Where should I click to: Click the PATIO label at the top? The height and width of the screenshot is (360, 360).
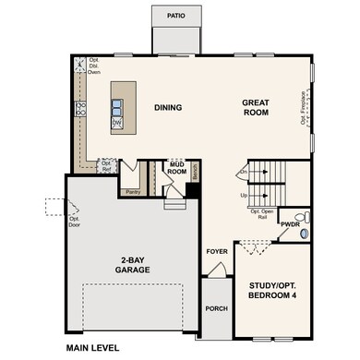tap(175, 16)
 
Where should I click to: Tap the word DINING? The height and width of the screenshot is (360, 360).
tap(167, 108)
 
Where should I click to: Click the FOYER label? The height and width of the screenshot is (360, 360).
tap(216, 250)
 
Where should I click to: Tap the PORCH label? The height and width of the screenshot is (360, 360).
tap(216, 308)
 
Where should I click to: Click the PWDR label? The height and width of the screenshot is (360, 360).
tap(291, 224)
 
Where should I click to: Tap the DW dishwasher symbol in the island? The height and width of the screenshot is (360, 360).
tap(118, 122)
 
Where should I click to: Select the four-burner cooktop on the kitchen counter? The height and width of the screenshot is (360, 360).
tap(80, 109)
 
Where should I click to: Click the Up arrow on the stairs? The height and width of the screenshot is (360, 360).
tap(244, 196)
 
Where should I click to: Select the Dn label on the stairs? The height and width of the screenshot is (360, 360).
tap(244, 172)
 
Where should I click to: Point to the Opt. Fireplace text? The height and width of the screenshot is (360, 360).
tap(303, 106)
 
